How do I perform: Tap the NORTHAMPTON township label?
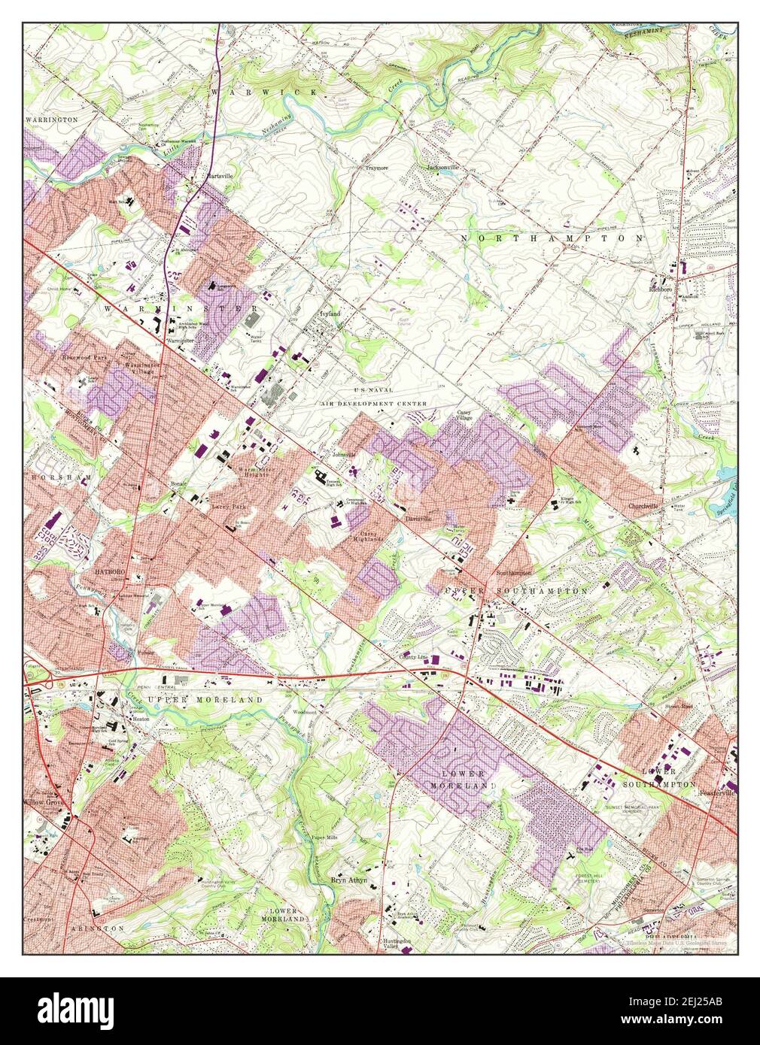552,238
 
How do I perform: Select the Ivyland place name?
330,313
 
